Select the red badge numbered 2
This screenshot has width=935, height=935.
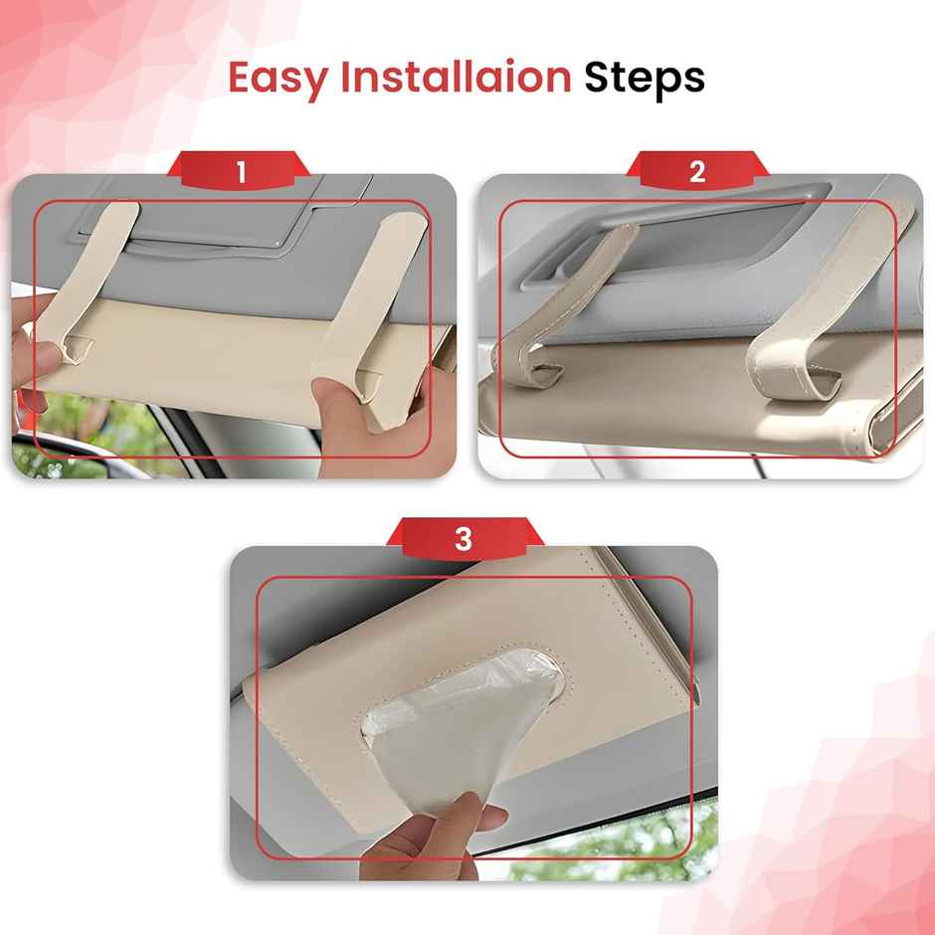coord(697,172)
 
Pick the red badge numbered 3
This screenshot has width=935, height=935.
coord(464,539)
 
